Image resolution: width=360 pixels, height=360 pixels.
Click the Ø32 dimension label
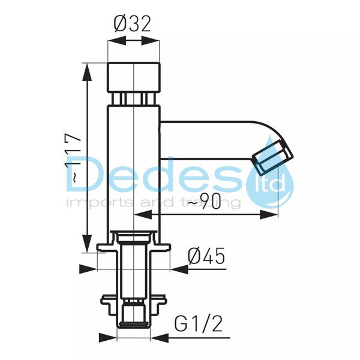[133, 24]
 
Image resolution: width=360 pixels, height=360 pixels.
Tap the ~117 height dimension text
[73, 158]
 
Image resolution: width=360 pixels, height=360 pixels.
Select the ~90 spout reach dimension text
[205, 201]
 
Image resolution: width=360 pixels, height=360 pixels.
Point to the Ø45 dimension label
[206, 256]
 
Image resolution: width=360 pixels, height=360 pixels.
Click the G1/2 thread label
[199, 323]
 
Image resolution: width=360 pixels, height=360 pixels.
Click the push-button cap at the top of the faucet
[134, 77]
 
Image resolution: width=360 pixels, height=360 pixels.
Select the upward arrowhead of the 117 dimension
[87, 71]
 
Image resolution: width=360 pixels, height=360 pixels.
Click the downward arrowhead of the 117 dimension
[87, 244]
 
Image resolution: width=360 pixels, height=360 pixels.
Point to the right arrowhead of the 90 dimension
[269, 215]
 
